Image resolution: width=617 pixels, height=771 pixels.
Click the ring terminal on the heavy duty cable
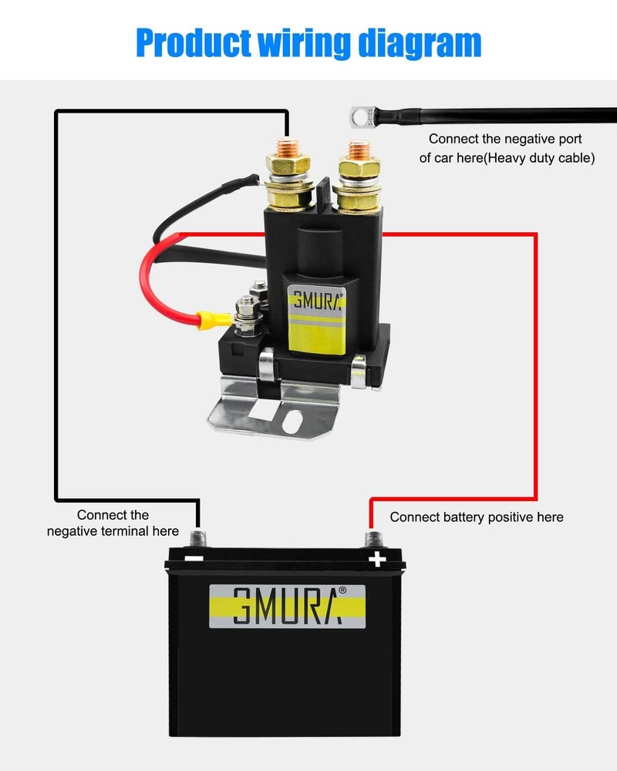359,116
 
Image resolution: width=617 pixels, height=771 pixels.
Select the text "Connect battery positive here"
477,517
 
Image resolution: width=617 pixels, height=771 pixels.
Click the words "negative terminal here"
113,531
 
